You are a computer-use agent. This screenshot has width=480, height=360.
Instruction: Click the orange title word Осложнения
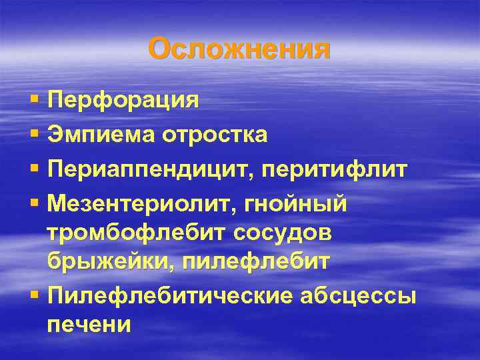pos(239,49)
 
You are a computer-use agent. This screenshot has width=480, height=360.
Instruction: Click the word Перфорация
pos(123,101)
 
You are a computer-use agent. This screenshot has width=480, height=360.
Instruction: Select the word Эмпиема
pos(101,135)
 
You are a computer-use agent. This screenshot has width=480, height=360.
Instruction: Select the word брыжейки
pos(96,261)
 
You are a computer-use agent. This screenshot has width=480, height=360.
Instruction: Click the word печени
pos(89,325)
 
